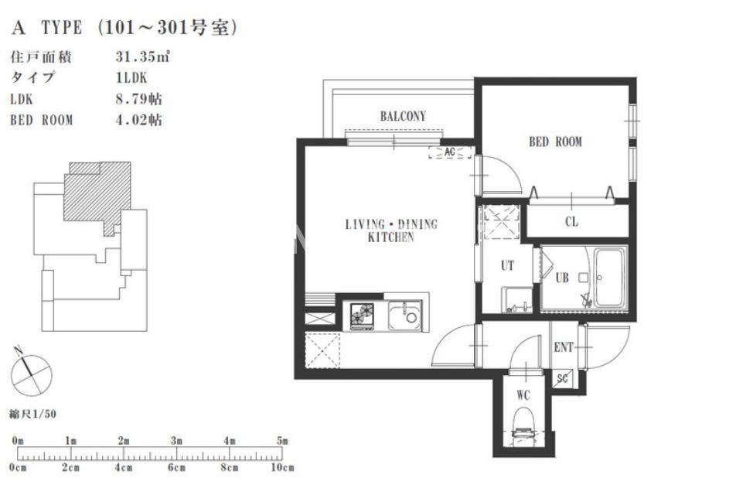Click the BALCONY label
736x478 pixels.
[x=403, y=116]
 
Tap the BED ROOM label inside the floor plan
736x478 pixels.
[x=555, y=142]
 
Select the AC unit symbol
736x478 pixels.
[x=450, y=152]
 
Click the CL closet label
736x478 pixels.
[x=571, y=221]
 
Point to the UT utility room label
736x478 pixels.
[x=507, y=266]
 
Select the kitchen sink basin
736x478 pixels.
[x=404, y=315]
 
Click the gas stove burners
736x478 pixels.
[x=362, y=315]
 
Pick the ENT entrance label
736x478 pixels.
[x=564, y=347]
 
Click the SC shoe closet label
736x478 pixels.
[x=562, y=378]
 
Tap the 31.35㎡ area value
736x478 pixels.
[x=142, y=56]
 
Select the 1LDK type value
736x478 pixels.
[x=131, y=77]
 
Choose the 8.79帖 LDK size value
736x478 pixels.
[x=139, y=98]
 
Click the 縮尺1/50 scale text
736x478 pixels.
[x=32, y=414]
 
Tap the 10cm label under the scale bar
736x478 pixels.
[x=282, y=468]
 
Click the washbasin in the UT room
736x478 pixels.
[x=517, y=299]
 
